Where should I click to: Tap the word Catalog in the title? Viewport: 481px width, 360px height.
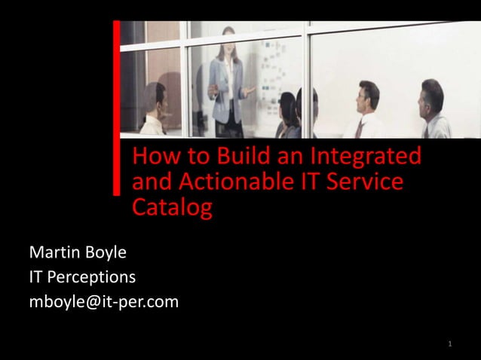coord(172,207)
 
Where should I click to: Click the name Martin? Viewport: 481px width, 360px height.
coord(57,252)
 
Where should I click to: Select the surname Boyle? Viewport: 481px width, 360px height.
coord(108,252)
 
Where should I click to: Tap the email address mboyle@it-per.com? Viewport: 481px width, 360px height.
coord(103,302)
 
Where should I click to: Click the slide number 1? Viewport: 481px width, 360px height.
coord(449,344)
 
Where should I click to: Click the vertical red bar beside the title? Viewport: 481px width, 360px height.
coord(117,105)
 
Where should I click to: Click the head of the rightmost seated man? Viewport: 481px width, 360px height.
coord(432,94)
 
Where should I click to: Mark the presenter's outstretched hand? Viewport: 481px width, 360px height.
coord(250,90)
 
